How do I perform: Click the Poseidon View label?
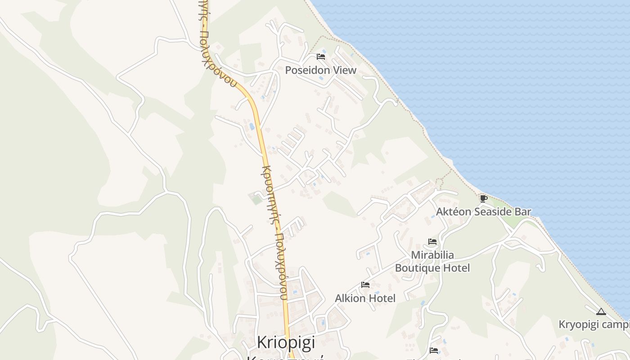click(320, 70)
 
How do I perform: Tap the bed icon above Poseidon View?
click(321, 56)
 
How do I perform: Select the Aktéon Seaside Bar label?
click(484, 211)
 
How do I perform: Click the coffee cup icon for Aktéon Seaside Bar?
click(483, 198)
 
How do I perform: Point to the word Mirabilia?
click(432, 255)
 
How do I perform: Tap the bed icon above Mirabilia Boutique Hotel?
click(432, 242)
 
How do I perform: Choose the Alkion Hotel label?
click(365, 298)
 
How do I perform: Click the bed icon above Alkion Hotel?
click(365, 285)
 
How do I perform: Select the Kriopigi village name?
click(286, 342)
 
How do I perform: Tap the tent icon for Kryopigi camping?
click(601, 311)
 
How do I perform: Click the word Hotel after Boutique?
click(455, 268)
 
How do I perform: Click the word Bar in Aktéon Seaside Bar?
click(523, 211)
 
